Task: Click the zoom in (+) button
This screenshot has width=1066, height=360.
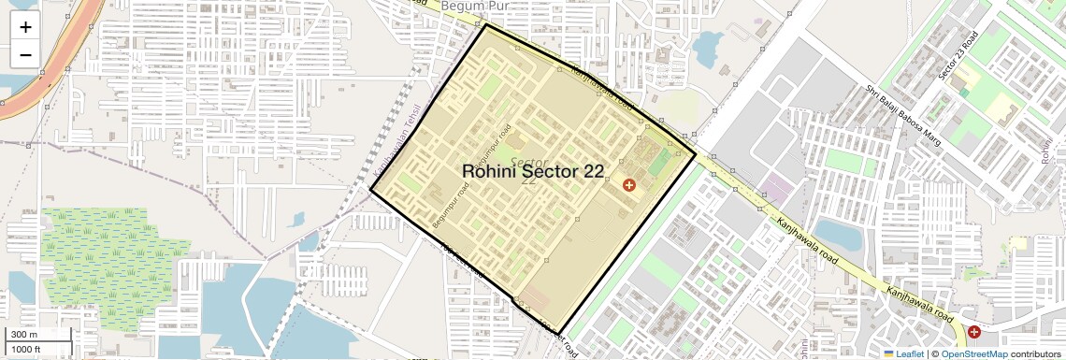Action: pyautogui.click(x=25, y=27)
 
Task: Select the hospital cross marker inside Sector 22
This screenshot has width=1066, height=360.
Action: pyautogui.click(x=628, y=185)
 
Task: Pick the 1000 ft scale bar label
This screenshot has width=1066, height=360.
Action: pyautogui.click(x=27, y=349)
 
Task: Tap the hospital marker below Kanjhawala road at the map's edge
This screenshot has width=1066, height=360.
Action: pyautogui.click(x=974, y=332)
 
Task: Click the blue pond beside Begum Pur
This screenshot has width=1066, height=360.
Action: pyautogui.click(x=708, y=43)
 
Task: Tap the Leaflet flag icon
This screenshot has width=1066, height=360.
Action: pyautogui.click(x=888, y=353)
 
